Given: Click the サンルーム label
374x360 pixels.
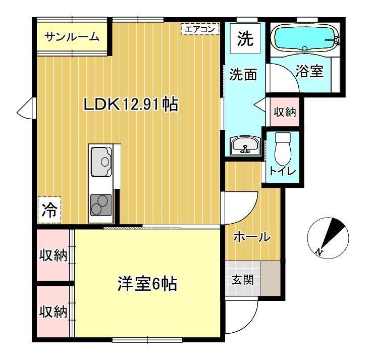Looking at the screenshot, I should (x=72, y=37).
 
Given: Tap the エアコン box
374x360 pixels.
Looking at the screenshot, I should (x=200, y=29).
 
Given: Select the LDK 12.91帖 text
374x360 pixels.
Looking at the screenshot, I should (x=130, y=105).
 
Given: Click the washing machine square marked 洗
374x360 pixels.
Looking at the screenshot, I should (x=245, y=40).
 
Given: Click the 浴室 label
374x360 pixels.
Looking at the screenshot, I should (x=309, y=71).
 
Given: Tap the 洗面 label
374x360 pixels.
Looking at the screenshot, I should (x=244, y=75).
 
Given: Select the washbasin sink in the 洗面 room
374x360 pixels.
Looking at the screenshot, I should (x=245, y=146).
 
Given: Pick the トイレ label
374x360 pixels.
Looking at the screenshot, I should (x=282, y=171).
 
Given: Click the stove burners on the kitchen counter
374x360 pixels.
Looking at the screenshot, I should (x=101, y=204).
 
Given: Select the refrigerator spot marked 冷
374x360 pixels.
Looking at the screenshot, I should (x=49, y=209).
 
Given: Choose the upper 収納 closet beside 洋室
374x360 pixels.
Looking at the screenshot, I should (x=54, y=255).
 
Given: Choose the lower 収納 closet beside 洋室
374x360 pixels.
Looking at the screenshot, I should (x=54, y=312).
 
